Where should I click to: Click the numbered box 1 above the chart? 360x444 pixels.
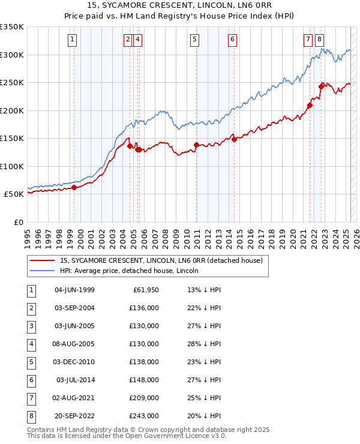[x=72, y=40]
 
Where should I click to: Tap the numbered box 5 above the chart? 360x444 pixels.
[x=195, y=40]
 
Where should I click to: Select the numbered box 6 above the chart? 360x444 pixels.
[x=232, y=40]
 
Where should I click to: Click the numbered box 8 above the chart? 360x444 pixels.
[x=319, y=40]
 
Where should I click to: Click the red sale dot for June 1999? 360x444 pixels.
[x=74, y=187]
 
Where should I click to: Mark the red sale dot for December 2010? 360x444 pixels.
[x=196, y=145]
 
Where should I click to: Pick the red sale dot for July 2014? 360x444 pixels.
[x=234, y=139]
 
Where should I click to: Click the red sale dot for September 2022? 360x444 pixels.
[x=321, y=86]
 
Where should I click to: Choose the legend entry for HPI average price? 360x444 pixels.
[x=130, y=271]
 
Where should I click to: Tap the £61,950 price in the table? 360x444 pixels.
[x=145, y=290]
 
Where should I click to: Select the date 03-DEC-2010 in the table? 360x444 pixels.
[x=74, y=362]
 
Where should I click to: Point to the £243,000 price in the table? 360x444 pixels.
[x=145, y=416]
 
